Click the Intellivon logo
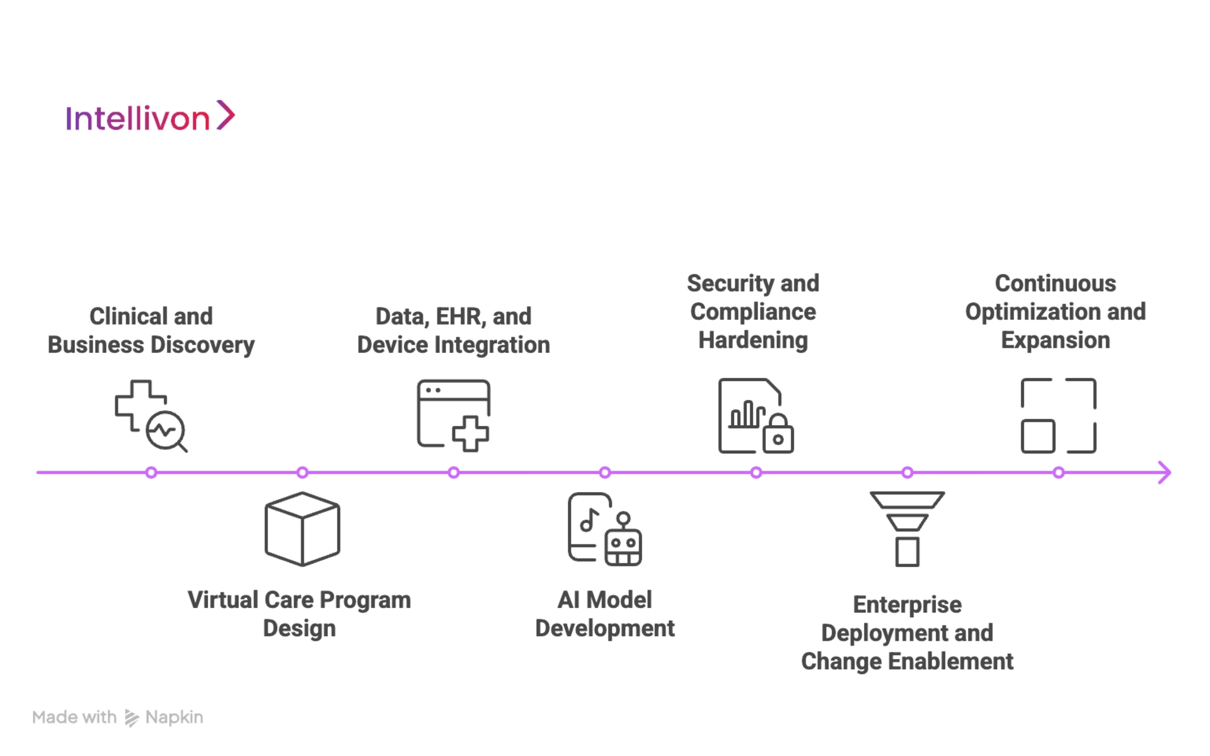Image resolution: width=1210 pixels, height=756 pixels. coord(150,117)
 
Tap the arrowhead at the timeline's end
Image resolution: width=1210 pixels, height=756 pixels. coord(1165,472)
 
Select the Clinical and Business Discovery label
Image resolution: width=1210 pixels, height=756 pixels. coord(151,331)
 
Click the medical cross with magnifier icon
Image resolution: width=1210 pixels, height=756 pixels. coord(151,416)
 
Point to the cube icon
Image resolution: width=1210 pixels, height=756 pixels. coord(302,529)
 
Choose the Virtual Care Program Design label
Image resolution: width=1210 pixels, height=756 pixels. coord(299,614)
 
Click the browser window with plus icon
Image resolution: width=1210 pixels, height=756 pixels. coord(454,416)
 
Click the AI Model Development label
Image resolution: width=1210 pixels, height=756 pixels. coord(605,614)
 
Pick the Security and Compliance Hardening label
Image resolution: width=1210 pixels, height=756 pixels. coord(753,312)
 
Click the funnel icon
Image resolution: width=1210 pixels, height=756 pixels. coord(907,529)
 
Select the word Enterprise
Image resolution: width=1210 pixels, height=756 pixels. coord(907,605)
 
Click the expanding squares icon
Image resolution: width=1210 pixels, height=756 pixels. coord(1059,416)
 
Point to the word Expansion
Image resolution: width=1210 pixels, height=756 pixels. coord(1056,341)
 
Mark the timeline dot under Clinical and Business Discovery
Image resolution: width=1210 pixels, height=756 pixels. coord(151,472)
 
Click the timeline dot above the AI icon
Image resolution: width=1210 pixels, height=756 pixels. coord(605,472)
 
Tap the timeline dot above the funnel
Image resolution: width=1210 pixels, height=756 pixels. coord(907,472)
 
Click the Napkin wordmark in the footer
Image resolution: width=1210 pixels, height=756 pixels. coord(174,718)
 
